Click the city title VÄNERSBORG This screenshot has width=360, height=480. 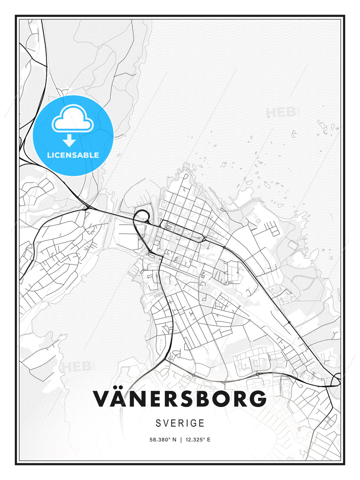point(180,398)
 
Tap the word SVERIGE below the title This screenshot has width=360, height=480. point(180,423)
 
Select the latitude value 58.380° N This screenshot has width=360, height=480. point(163,440)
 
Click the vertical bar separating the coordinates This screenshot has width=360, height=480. point(181,440)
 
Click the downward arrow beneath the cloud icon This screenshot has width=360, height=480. point(69,140)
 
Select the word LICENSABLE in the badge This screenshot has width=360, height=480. point(73,155)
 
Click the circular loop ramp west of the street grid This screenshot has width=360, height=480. point(141,215)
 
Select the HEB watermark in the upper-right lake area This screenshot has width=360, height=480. point(282,112)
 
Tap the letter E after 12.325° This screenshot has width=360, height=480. point(209,440)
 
